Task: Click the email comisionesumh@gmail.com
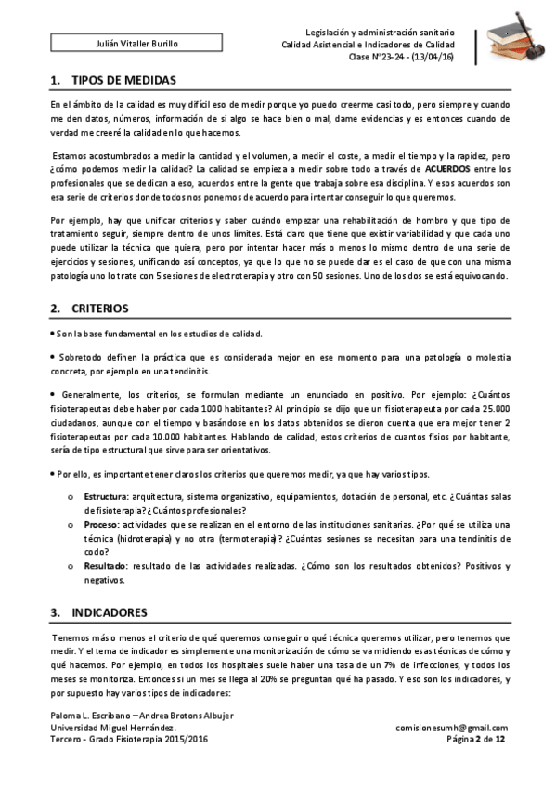pyautogui.click(x=451, y=728)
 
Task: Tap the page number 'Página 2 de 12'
pyautogui.click(x=476, y=739)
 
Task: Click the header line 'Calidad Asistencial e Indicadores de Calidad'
pyautogui.click(x=369, y=45)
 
